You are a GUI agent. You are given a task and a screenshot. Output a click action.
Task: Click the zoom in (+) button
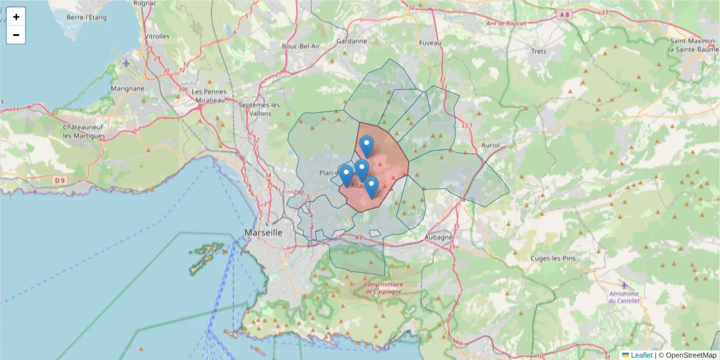(16, 17)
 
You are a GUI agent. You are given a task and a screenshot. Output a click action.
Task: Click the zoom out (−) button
(16, 35)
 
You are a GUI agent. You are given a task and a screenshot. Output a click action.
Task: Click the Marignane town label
(128, 88)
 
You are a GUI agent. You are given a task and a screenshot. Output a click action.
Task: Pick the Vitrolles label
(157, 37)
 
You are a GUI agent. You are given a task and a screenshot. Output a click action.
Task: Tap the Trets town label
(539, 51)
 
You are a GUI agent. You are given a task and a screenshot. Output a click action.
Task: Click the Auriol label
(490, 146)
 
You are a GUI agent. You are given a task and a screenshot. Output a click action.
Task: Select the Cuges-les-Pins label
(553, 258)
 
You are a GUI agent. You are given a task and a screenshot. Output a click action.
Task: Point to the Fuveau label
(430, 43)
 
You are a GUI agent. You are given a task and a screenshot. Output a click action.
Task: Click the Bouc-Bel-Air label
(301, 46)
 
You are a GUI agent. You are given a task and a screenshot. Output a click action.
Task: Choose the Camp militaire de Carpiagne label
(383, 288)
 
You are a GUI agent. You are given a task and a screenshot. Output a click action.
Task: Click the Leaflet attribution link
(641, 355)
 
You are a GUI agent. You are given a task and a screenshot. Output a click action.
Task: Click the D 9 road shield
(58, 180)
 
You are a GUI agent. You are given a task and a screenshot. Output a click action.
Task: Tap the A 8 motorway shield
(563, 14)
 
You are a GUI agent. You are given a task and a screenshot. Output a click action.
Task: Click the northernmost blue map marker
(367, 146)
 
